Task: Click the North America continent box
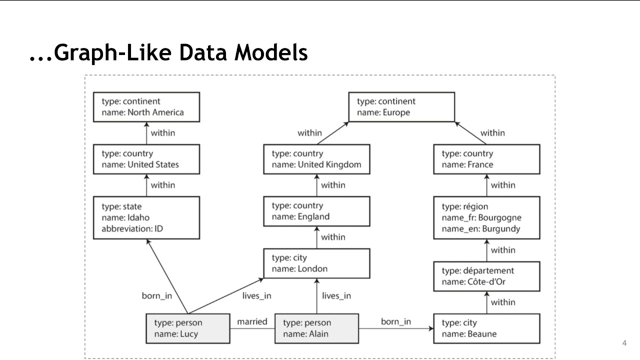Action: [146, 107]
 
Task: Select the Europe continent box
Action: [401, 107]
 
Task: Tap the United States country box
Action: [146, 159]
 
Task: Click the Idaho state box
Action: [146, 217]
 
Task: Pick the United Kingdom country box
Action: [316, 159]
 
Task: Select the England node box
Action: [316, 211]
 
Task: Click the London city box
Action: [316, 263]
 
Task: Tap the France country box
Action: [486, 159]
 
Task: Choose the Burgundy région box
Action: [486, 217]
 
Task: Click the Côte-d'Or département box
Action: [486, 276]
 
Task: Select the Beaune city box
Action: [486, 328]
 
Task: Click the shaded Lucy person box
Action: [188, 328]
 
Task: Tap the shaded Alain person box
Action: [316, 328]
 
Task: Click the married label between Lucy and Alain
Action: [252, 321]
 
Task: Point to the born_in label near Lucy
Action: [157, 295]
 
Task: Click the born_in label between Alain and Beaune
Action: [396, 321]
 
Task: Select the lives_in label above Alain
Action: [336, 295]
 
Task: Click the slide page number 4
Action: [624, 343]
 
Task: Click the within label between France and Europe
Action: [492, 133]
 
